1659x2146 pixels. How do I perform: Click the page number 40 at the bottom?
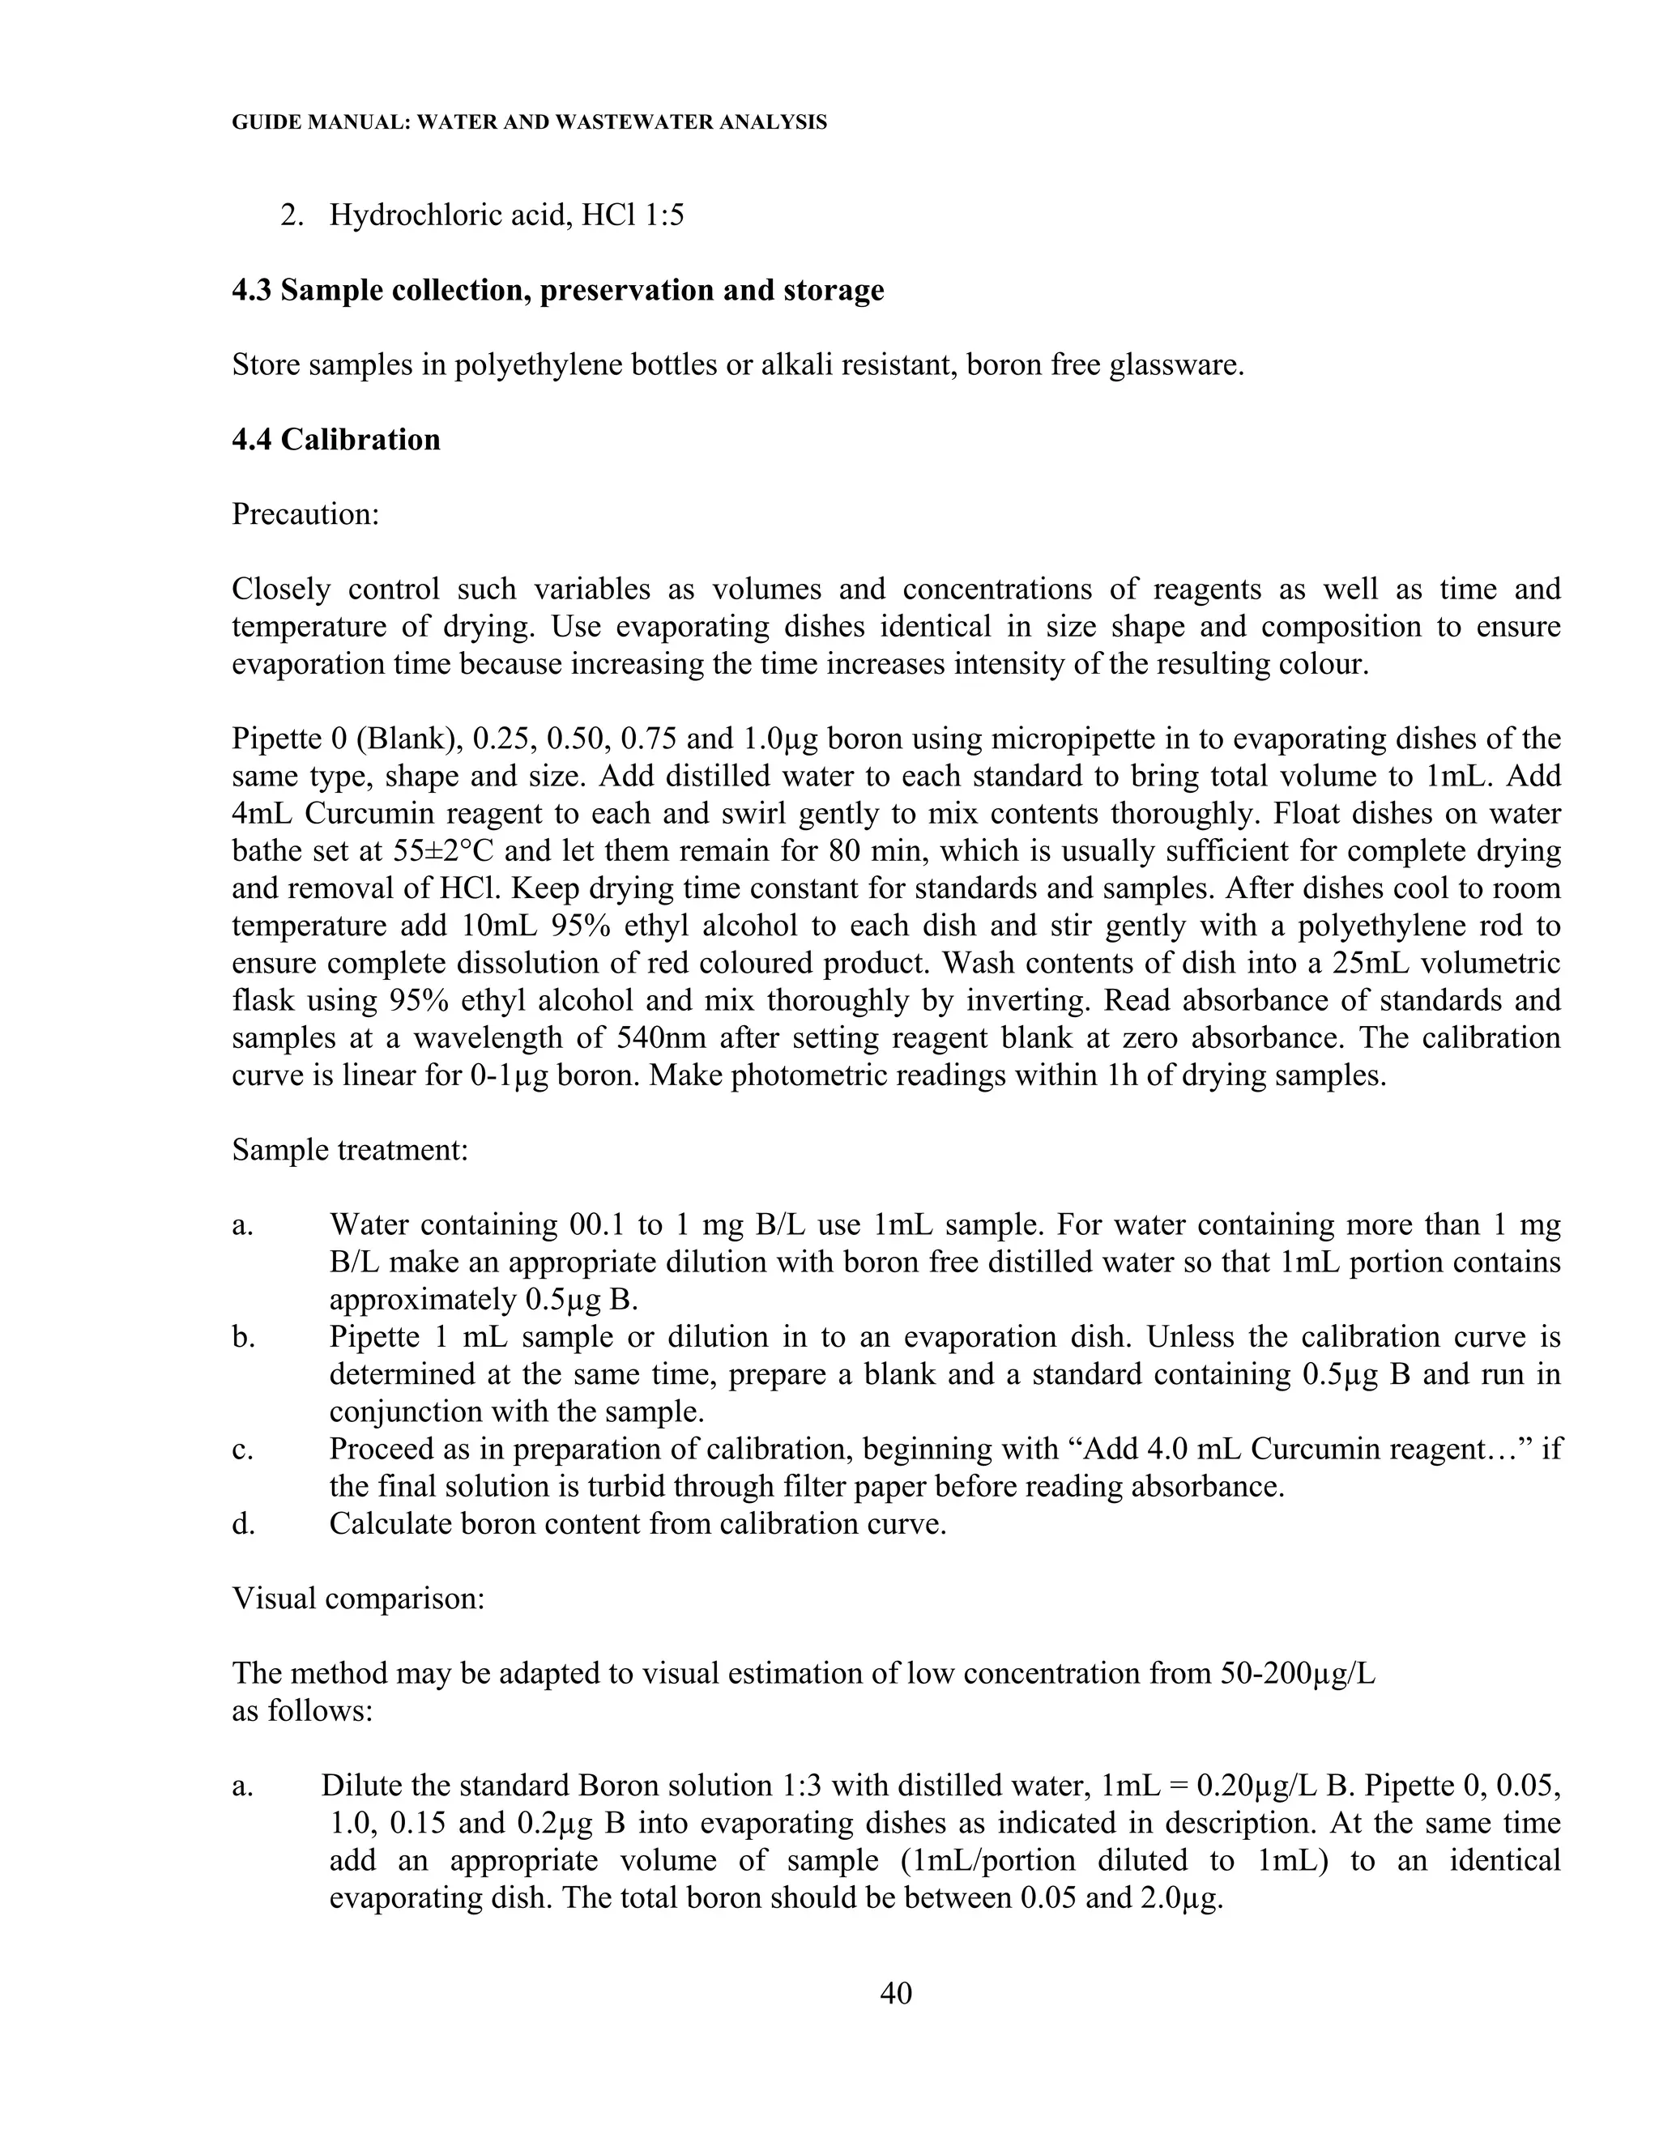pyautogui.click(x=895, y=1993)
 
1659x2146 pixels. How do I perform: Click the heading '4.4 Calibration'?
pyautogui.click(x=336, y=439)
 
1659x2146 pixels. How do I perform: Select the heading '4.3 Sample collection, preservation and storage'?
pyautogui.click(x=557, y=291)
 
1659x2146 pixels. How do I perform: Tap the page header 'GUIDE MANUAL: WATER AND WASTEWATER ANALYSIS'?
pyautogui.click(x=529, y=123)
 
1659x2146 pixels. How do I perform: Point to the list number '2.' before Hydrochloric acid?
pyautogui.click(x=292, y=215)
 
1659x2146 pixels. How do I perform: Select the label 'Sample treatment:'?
pyautogui.click(x=350, y=1150)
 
